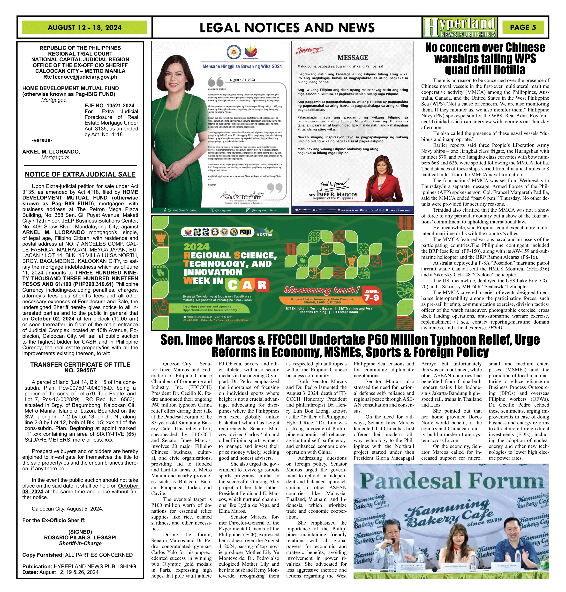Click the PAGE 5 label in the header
click(523, 27)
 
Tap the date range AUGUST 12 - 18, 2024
click(84, 27)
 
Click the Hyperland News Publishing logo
click(459, 27)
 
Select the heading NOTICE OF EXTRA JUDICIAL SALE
click(80, 174)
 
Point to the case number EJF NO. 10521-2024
click(110, 105)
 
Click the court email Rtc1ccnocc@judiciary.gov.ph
click(80, 77)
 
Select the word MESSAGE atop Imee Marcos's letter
click(353, 58)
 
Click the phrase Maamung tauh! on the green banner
click(322, 290)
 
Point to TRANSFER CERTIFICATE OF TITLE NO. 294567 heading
click(80, 367)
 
